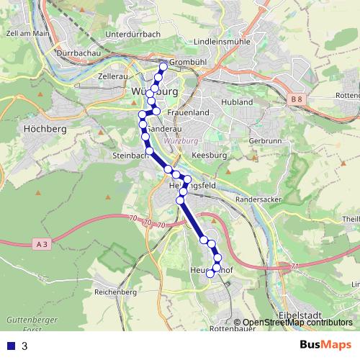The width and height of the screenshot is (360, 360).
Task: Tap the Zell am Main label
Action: (27, 33)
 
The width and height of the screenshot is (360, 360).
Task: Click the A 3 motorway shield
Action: (42, 244)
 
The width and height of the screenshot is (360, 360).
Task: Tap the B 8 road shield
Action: (297, 99)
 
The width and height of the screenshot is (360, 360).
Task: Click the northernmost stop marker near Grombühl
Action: (163, 67)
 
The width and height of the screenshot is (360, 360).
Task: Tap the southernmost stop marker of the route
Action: (210, 274)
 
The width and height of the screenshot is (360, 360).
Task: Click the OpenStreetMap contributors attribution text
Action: (297, 322)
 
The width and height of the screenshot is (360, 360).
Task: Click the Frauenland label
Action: (187, 113)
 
